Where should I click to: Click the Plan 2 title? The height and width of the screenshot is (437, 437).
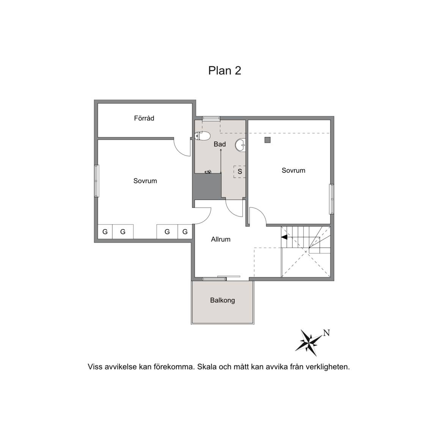[x=225, y=71]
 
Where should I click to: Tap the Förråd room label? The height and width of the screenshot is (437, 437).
[x=144, y=118]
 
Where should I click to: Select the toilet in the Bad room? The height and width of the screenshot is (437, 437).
[x=203, y=135]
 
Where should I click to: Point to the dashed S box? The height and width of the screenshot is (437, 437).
[x=239, y=171]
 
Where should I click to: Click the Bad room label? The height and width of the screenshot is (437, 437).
[x=220, y=144]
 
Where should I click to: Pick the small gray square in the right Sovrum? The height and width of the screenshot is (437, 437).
[x=267, y=140]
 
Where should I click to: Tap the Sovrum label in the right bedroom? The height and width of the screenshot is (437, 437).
[x=294, y=170]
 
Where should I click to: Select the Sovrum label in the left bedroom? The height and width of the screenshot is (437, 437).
[x=145, y=181]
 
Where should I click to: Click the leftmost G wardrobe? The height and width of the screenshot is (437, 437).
[x=105, y=232]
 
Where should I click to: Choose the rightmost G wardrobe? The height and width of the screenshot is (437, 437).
[x=185, y=232]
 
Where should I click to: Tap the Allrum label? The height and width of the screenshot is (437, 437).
[x=221, y=239]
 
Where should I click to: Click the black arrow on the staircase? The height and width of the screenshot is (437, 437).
[x=284, y=237]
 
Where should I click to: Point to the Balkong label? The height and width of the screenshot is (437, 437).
[x=222, y=300]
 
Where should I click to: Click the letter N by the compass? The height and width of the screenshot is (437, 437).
[x=326, y=333]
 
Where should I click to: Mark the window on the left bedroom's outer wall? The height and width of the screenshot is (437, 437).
[x=96, y=181]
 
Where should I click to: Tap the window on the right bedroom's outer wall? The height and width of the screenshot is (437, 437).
[x=332, y=199]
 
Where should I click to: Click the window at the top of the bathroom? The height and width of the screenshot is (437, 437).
[x=211, y=118]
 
